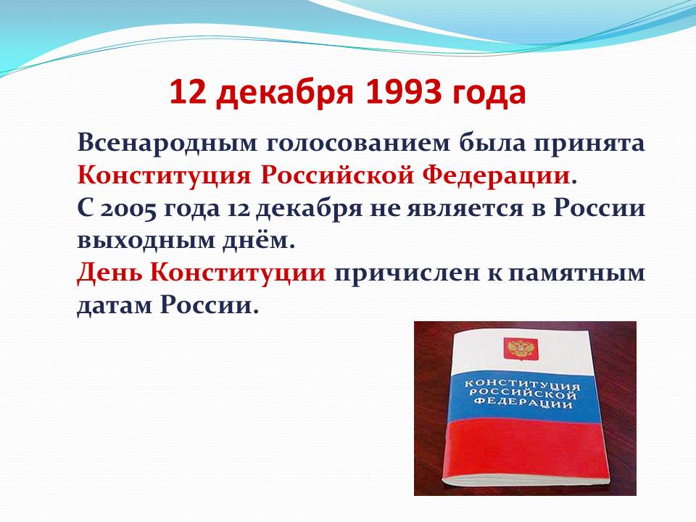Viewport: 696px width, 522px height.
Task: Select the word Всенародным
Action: tap(167, 144)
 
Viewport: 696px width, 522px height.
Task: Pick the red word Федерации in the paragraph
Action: tap(496, 175)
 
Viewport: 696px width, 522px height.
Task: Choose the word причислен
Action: tap(406, 273)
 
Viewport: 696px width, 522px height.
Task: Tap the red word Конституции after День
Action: tap(238, 273)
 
